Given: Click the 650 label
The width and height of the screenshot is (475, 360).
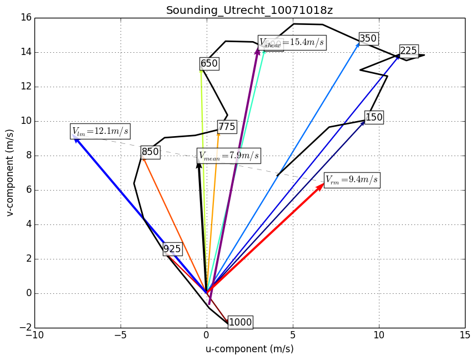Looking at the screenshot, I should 209,64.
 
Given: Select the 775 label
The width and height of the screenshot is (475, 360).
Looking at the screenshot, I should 227,127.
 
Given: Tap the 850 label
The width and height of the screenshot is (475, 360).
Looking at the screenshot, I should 150,152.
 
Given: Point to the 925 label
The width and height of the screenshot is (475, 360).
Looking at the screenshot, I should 172,249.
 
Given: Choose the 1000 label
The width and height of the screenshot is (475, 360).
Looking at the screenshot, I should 240,322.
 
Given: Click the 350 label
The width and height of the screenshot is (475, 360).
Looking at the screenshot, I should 368,39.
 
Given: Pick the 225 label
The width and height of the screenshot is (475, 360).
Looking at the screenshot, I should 408,51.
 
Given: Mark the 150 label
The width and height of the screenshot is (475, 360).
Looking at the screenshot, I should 374,117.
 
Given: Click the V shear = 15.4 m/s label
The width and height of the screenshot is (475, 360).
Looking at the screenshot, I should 292,43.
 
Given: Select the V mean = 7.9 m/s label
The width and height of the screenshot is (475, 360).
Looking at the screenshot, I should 229,156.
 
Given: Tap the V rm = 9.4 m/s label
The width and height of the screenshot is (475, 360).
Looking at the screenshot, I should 352,180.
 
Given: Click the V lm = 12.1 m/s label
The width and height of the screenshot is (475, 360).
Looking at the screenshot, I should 100,132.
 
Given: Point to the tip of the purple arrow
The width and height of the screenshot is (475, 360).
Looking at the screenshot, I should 257,49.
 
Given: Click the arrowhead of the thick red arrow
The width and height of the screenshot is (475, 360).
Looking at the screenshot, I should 323,184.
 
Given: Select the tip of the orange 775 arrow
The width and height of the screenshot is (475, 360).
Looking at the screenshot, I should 218,134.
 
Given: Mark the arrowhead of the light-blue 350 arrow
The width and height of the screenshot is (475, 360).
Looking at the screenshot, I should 359,43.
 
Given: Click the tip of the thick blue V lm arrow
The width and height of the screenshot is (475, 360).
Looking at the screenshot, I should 74,137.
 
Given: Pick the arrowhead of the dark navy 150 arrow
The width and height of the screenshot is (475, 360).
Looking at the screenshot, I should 364,122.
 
